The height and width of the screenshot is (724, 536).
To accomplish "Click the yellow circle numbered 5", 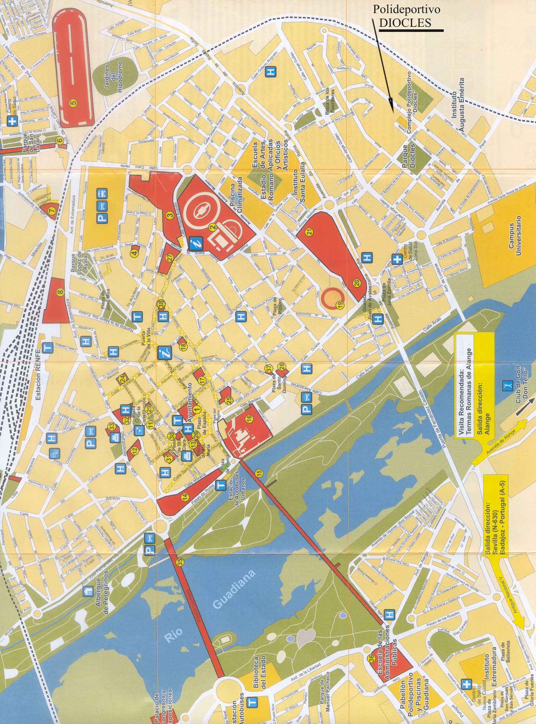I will (73, 103).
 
